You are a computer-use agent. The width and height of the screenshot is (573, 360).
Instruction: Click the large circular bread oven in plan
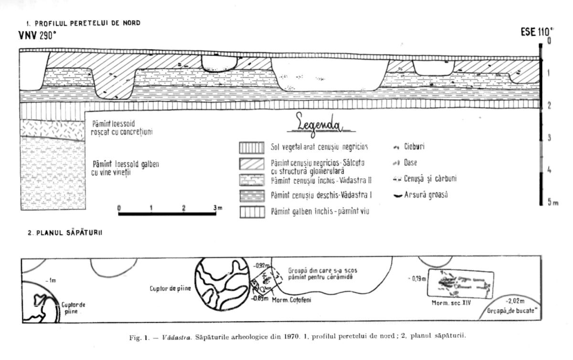(x=221, y=286)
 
